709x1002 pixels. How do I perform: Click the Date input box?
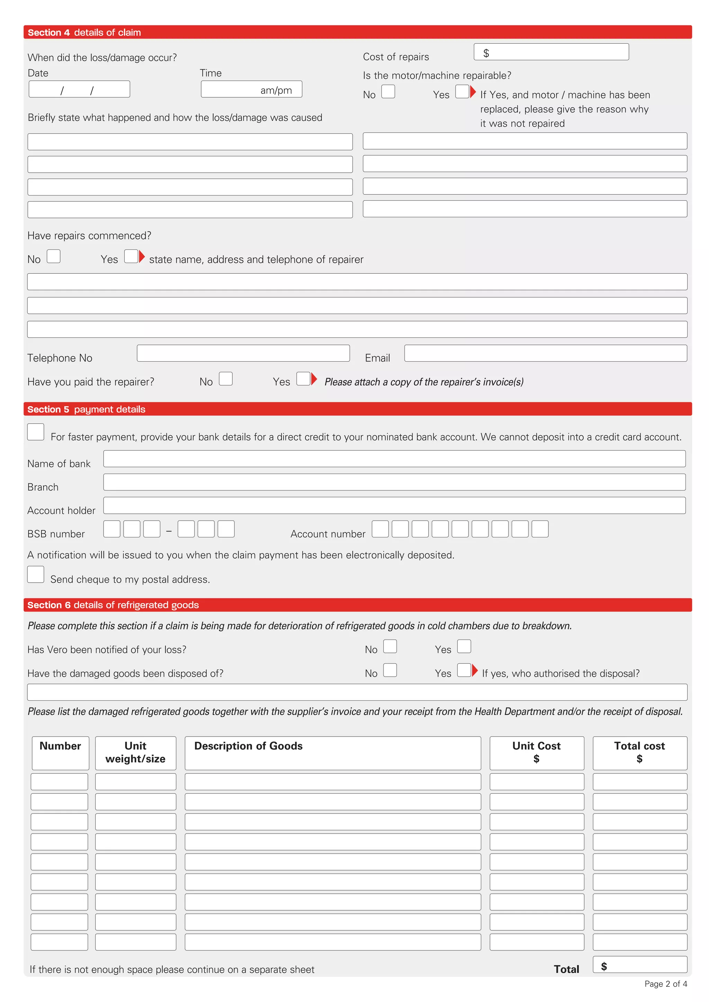coord(79,90)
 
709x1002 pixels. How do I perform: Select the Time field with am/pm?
coord(251,90)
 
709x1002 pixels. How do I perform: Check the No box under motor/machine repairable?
coord(388,92)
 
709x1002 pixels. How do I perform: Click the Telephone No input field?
coord(243,353)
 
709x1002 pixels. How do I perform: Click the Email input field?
coord(545,353)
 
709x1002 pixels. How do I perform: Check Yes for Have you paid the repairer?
coord(303,379)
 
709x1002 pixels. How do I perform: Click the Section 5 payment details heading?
coord(87,409)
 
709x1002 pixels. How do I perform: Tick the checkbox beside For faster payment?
coord(36,432)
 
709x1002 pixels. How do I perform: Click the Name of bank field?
coord(394,459)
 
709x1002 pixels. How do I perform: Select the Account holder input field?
coord(394,505)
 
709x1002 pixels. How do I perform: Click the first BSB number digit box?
coord(112,529)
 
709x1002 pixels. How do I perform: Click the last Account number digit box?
coord(540,529)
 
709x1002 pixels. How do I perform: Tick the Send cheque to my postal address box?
coord(36,574)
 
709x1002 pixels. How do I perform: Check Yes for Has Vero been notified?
coord(464,646)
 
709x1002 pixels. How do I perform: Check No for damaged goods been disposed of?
coord(390,670)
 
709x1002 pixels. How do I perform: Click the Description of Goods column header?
coord(333,753)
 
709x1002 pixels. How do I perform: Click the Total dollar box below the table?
coord(639,965)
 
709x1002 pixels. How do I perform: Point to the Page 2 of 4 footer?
coord(665,984)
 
